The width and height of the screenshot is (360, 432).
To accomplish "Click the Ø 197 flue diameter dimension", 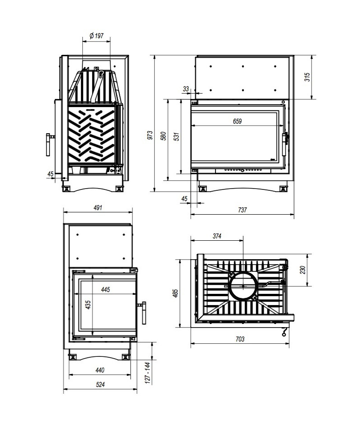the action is (97, 36).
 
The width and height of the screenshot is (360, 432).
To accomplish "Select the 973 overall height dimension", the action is (150, 135).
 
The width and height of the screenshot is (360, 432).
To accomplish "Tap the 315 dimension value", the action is (307, 77).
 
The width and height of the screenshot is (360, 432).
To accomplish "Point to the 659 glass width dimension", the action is (237, 121).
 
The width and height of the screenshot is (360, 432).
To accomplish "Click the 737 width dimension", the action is (243, 210).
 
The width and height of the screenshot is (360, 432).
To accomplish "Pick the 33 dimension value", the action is (186, 89).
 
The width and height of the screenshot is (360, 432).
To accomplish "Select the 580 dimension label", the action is (164, 136).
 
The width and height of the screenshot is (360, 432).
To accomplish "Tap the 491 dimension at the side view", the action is (98, 207).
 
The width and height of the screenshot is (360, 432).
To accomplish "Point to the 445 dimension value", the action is (105, 289).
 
